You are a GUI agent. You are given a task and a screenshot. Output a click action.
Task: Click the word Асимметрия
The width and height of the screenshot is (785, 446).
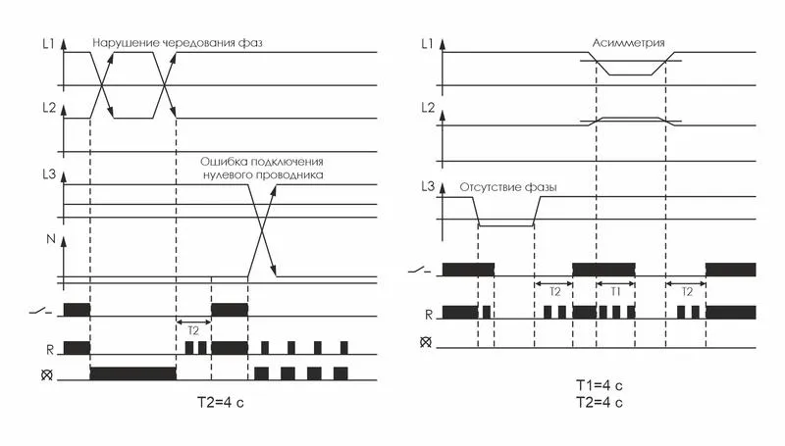point(629,44)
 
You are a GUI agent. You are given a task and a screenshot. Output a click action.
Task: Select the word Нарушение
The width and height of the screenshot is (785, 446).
point(126,44)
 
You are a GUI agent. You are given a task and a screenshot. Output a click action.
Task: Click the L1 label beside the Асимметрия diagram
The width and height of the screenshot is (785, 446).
point(426,44)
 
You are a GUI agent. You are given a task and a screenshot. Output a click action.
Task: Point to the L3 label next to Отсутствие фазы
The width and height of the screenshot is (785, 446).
point(426,186)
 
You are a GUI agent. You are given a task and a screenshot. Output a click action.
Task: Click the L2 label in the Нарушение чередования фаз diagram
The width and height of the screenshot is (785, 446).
point(46,108)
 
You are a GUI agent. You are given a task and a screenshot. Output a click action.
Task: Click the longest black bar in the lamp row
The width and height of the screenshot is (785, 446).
point(132,372)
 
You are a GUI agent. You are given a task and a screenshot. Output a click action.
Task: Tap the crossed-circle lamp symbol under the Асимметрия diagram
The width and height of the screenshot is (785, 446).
point(426,342)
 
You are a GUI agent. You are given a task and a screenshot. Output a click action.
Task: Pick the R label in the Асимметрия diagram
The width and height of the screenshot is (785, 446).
point(428,314)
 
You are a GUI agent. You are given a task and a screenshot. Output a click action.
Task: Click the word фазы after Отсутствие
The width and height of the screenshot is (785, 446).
point(552,186)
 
